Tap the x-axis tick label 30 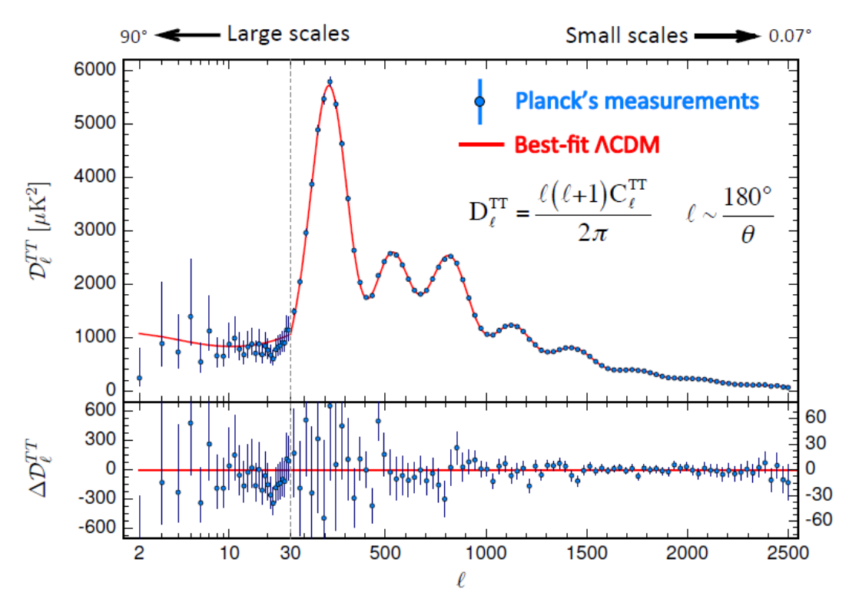(x=290, y=551)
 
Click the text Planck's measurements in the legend (x=637, y=101)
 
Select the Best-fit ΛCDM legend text (x=587, y=144)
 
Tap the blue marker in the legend (x=479, y=101)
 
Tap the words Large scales (x=288, y=34)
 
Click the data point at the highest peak (x=330, y=81)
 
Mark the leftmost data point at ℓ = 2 (x=139, y=378)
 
